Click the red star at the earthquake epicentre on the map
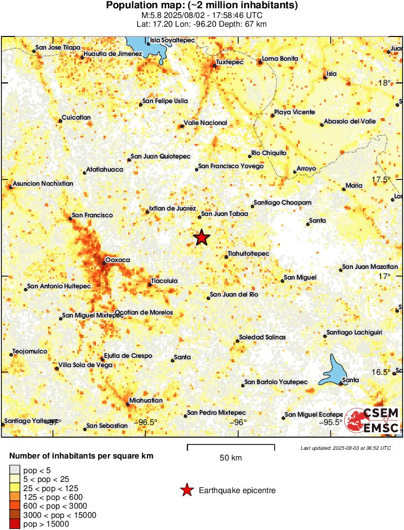[201, 238]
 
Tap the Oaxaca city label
[118, 260]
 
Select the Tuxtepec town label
[228, 63]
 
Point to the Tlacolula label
[164, 281]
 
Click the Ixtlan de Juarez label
[173, 208]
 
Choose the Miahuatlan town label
[145, 400]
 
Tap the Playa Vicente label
[295, 112]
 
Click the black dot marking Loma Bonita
[259, 62]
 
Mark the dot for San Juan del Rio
[208, 298]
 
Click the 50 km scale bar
[230, 446]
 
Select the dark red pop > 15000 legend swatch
[15, 524]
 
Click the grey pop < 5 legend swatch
[15, 470]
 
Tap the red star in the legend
[187, 491]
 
